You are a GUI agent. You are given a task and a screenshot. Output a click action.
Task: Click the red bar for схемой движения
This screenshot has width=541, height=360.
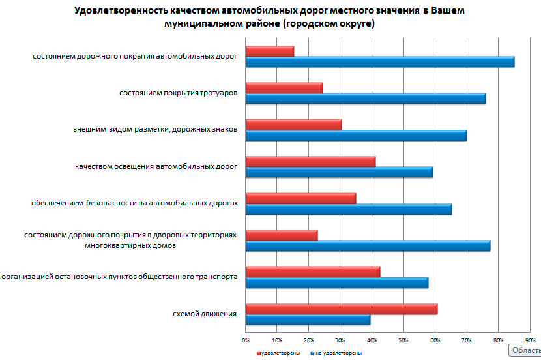click(x=341, y=309)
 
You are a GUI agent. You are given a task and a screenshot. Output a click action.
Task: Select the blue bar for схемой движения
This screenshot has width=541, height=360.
click(x=308, y=320)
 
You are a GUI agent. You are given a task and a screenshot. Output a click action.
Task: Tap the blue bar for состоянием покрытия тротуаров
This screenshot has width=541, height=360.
click(x=365, y=98)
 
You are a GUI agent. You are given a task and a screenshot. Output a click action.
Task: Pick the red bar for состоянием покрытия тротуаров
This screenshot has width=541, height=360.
click(x=284, y=88)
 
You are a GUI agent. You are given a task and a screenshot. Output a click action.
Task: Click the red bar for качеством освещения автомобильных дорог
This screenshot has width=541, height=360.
click(x=310, y=162)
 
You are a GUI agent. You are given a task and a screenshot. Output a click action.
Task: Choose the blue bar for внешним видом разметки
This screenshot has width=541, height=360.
click(x=356, y=136)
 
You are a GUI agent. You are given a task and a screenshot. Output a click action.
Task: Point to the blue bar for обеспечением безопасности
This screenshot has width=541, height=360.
click(x=348, y=209)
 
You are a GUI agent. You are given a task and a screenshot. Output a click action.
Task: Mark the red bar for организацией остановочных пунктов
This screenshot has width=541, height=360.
click(x=312, y=272)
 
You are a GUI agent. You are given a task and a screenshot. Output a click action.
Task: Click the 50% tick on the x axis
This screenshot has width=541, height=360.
click(x=403, y=340)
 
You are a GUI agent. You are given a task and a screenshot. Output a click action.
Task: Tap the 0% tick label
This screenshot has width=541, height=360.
click(x=246, y=340)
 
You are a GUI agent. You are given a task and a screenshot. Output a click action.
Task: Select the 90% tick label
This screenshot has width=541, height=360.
click(x=529, y=340)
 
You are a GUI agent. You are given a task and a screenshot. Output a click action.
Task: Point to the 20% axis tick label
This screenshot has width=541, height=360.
click(x=309, y=340)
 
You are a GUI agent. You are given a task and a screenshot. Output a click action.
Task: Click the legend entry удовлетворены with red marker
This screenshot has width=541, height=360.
click(x=280, y=353)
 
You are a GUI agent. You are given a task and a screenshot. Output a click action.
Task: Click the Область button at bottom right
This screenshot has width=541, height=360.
click(x=525, y=350)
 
